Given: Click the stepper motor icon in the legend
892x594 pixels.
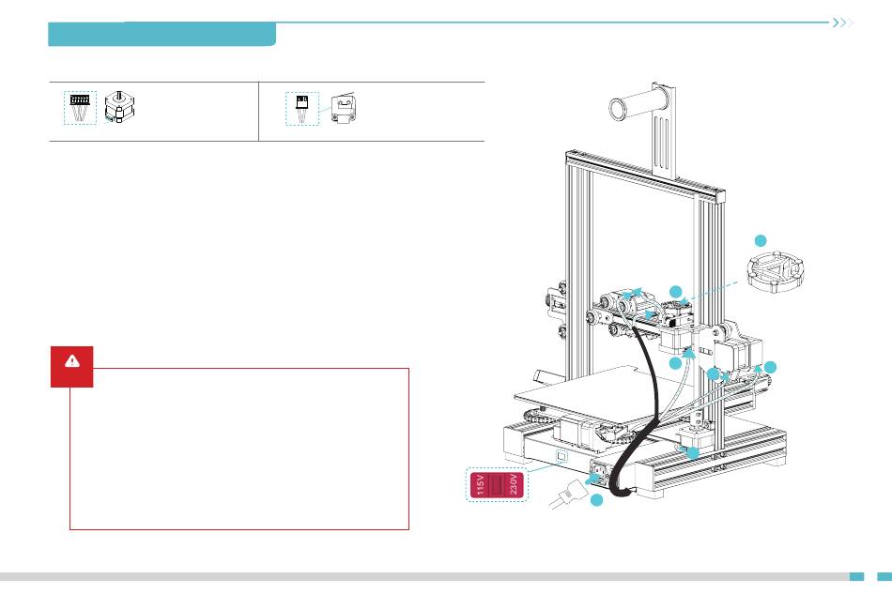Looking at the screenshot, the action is point(120,109).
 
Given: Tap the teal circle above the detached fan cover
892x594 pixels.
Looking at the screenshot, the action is point(762,238).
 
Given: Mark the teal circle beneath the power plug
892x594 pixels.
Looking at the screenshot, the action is point(597,504).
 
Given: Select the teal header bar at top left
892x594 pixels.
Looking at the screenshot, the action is point(161,35).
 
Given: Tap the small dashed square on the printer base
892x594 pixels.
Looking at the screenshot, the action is point(562,457).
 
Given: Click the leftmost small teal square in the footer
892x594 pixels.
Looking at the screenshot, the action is point(855,577).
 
